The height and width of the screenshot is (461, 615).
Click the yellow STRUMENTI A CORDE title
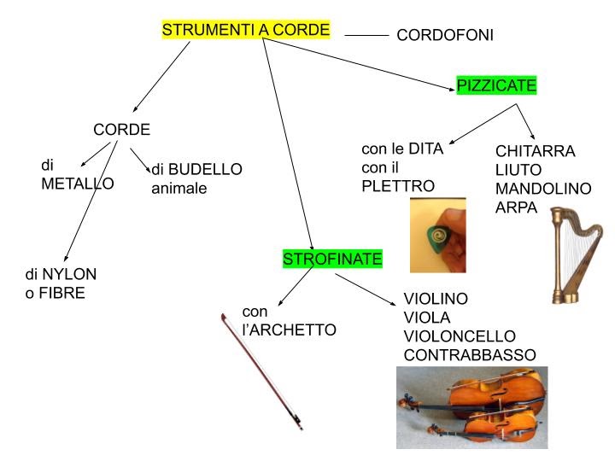[245, 31]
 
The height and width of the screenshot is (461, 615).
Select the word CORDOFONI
[445, 36]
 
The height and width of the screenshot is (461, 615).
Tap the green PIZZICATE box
[496, 85]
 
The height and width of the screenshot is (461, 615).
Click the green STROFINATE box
[332, 259]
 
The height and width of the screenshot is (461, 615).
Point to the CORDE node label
[121, 130]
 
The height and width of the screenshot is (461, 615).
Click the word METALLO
[78, 184]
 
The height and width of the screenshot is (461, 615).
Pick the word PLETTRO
[398, 186]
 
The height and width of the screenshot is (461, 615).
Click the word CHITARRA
[536, 152]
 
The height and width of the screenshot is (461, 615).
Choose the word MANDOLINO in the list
[542, 188]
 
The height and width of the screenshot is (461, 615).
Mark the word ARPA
[516, 207]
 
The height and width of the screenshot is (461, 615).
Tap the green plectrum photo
[438, 235]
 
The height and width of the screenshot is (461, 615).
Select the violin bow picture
[261, 371]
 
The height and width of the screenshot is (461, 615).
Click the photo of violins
[471, 407]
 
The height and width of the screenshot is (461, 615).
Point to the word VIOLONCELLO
[460, 336]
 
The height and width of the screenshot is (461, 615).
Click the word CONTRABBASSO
[470, 354]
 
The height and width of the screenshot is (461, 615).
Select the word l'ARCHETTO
[290, 330]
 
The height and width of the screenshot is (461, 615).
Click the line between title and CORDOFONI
[366, 36]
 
